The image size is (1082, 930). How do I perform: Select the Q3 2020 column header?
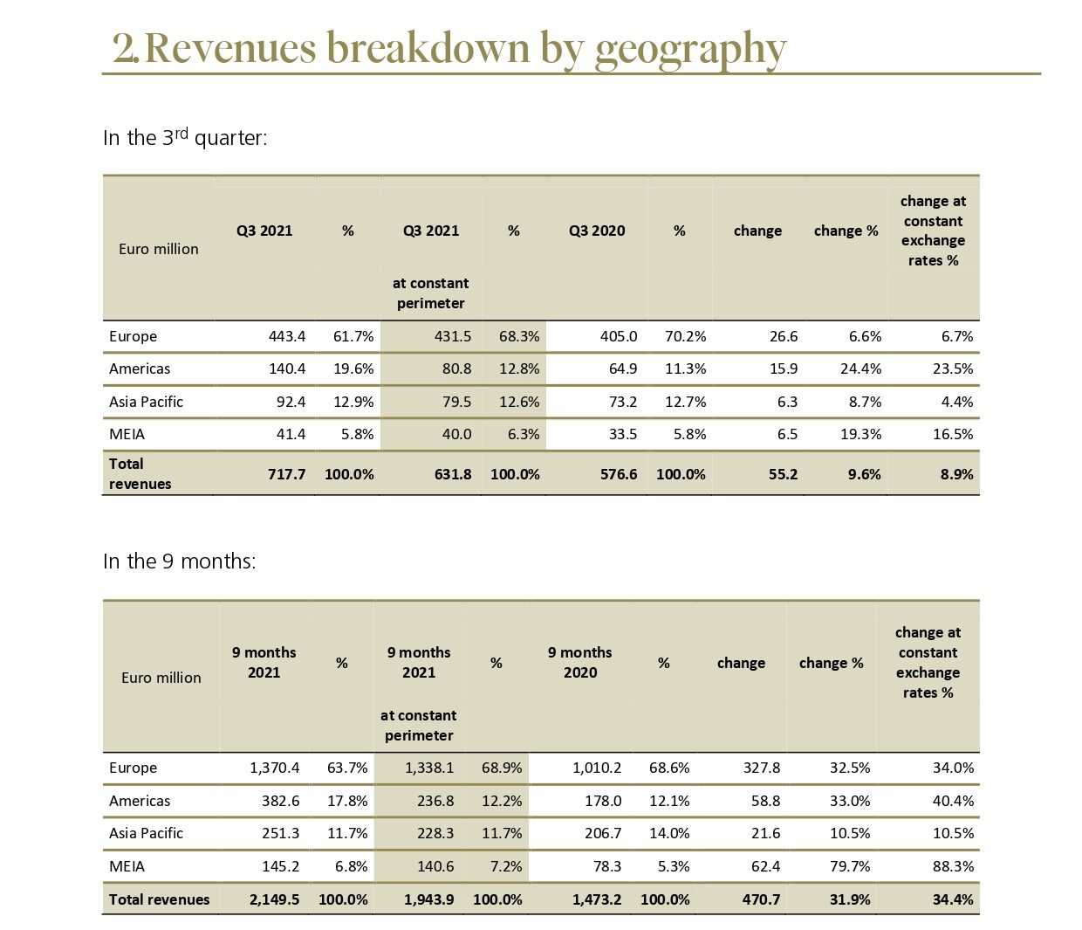597,231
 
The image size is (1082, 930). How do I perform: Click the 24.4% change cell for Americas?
860,369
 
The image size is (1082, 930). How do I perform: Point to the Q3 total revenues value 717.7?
286,474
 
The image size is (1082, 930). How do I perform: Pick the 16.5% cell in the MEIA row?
953,434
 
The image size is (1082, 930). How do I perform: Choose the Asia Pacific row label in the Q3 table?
146,402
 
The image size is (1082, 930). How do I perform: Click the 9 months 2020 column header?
580,662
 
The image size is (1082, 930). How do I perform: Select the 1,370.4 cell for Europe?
274,768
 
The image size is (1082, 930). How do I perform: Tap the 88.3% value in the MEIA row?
953,866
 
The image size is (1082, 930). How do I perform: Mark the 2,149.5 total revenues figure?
274,899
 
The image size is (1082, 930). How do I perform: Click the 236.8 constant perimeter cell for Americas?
435,801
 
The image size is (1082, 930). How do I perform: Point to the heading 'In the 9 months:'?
179,561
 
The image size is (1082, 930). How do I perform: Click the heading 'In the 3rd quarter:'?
185,138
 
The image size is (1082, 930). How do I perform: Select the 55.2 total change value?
783,474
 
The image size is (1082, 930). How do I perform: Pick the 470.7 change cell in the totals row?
761,899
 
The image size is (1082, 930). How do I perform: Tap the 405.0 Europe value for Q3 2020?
619,336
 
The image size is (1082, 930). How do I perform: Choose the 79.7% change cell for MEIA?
850,866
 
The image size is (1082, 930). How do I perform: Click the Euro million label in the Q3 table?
158,249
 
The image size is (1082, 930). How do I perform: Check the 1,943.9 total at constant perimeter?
428,899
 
